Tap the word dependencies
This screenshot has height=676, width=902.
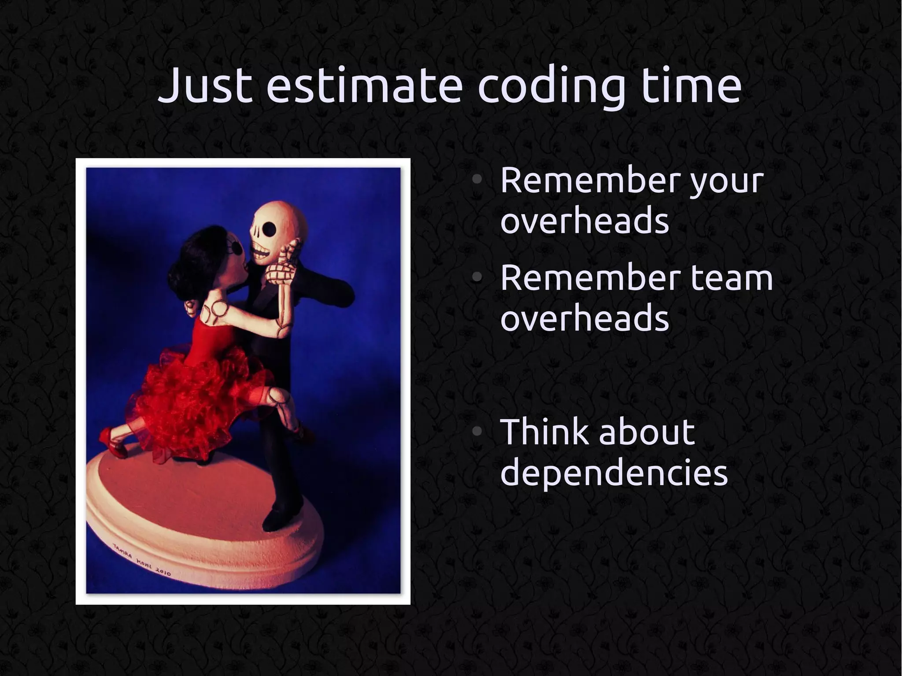[614, 473]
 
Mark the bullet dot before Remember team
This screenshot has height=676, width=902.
[477, 277]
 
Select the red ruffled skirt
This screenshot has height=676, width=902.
[194, 396]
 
